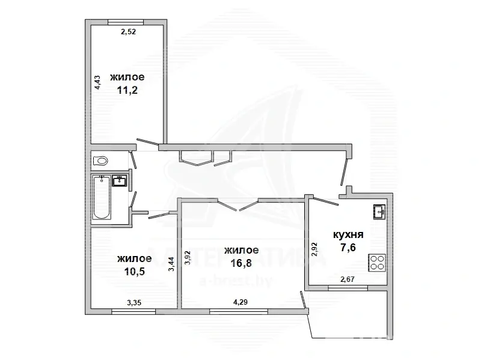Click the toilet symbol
coord(100,160)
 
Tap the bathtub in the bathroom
coord(102,197)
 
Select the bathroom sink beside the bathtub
coord(119,181)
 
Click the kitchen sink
coord(380,212)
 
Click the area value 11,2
coord(127,90)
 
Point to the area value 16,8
coord(242,263)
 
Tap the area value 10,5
coord(134,272)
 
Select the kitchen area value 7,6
coord(348,247)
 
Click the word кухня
coord(349,235)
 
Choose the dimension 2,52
coord(128,32)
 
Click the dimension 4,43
coord(97,82)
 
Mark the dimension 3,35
coord(134,303)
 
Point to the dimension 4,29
coord(240,302)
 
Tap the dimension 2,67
coord(348,279)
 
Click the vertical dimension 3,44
coord(172,264)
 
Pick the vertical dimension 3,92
coord(188,258)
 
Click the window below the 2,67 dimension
coord(348,288)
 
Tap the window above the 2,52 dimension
coord(126,22)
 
